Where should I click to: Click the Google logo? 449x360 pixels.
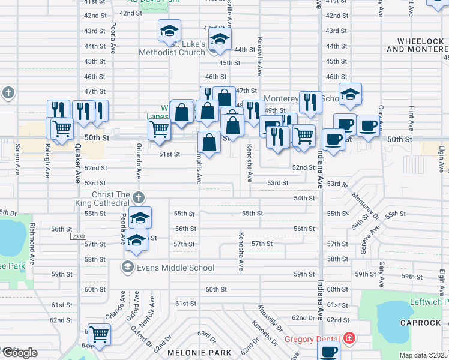click(x=19, y=352)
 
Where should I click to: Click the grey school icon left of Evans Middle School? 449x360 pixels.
click(x=127, y=267)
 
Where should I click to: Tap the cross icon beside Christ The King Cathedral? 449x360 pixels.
click(x=139, y=197)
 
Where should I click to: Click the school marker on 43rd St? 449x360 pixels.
click(x=170, y=30)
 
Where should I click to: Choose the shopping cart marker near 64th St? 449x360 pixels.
click(x=99, y=334)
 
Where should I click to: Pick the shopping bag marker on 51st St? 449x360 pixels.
click(x=209, y=143)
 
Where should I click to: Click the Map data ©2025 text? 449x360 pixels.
click(x=423, y=355)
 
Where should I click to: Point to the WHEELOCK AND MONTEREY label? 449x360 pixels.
click(x=418, y=45)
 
